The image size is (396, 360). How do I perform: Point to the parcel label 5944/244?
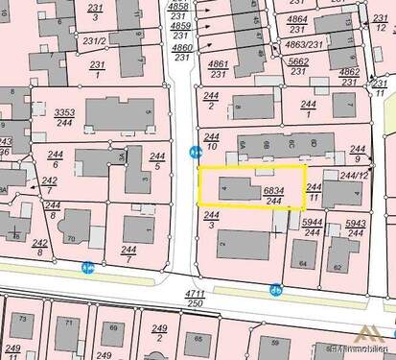pos(312,227)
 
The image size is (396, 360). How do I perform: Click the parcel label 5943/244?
pos(356,227)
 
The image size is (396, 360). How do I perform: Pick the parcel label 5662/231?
pos(298,64)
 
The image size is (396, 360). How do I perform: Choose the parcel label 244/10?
pos(212,143)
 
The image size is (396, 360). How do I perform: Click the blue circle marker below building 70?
pos(88,268)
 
